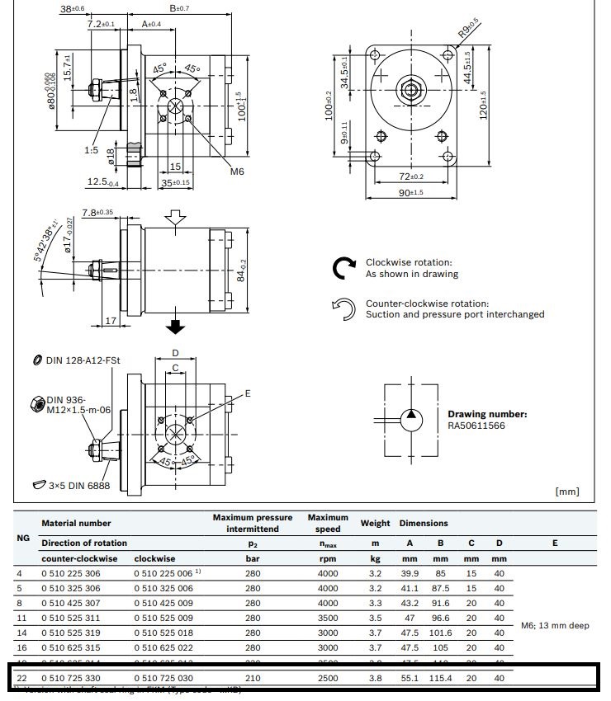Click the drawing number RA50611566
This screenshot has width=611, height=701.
click(x=476, y=426)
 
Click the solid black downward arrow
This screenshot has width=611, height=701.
click(x=174, y=327)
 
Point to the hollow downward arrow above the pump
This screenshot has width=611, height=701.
click(x=174, y=219)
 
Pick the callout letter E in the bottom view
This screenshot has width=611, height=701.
click(x=247, y=393)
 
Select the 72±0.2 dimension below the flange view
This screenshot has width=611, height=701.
click(x=411, y=176)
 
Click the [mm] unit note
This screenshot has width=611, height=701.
click(x=567, y=492)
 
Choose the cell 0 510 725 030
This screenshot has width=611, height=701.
click(x=163, y=677)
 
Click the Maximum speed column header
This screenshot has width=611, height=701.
click(x=328, y=523)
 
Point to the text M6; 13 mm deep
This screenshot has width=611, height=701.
click(x=554, y=625)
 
